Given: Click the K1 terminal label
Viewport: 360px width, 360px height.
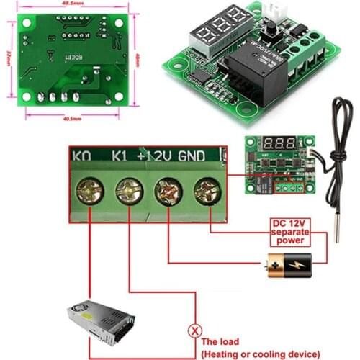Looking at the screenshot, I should [122, 156].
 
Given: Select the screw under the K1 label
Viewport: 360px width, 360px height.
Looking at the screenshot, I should [129, 192].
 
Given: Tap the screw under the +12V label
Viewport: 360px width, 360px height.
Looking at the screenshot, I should [168, 192].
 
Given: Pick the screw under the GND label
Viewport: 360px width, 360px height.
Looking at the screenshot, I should [207, 192].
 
